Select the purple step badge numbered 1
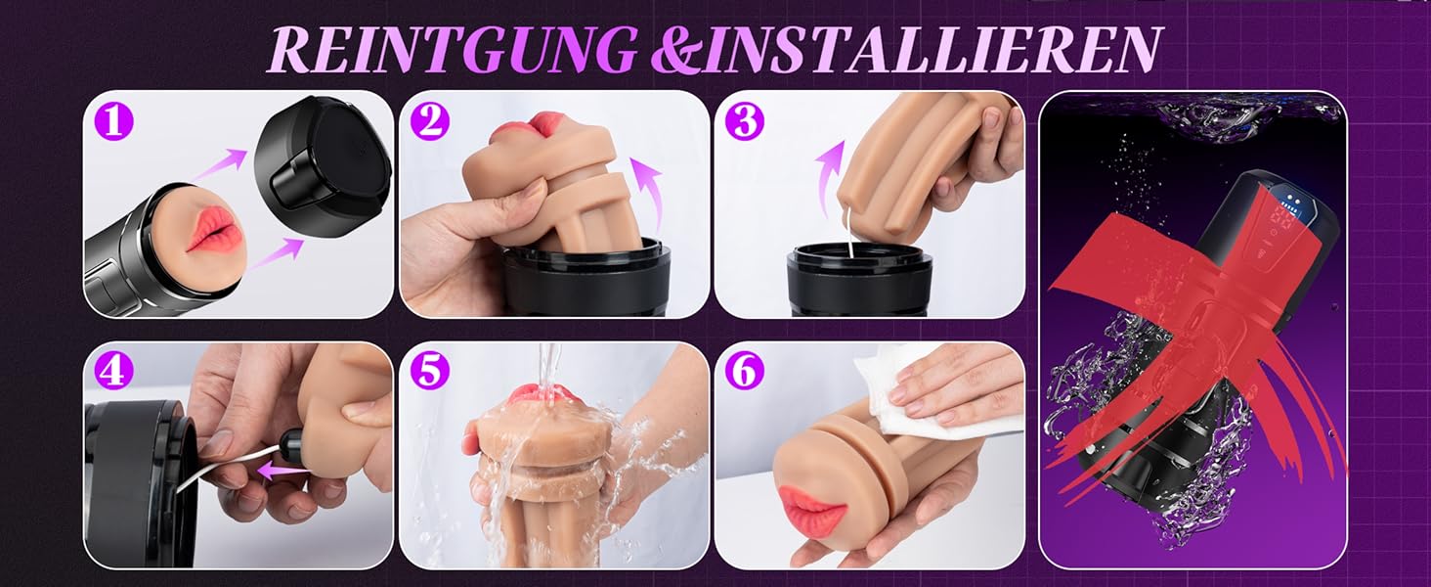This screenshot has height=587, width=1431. (113, 121)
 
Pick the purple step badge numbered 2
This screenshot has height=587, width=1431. (429, 121)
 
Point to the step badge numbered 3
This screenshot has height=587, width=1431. (745, 121)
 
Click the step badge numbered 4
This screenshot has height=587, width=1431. (113, 371)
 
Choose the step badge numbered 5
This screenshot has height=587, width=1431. (429, 371)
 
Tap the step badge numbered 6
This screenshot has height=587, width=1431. (745, 371)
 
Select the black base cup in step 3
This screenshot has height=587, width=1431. (859, 282)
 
